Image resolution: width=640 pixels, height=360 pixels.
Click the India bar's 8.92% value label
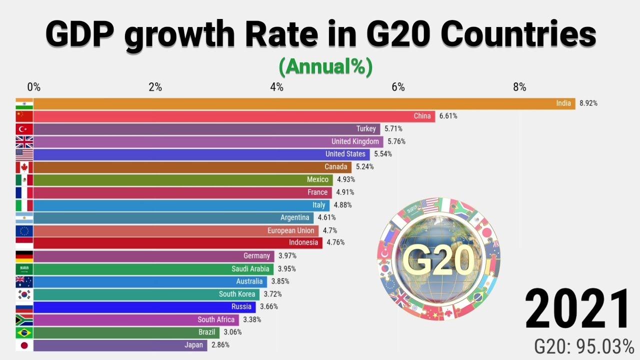(588, 103)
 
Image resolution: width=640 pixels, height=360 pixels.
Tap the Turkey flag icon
(24, 129)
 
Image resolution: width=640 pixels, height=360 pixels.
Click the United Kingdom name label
(355, 141)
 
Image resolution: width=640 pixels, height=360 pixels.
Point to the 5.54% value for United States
(383, 154)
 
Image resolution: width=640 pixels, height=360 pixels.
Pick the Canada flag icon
(24, 167)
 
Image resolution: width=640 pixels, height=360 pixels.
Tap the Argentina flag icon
(24, 218)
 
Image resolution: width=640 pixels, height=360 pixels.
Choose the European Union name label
(290, 230)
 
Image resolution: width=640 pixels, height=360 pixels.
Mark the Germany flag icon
(24, 256)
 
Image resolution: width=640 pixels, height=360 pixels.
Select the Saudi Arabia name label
(250, 269)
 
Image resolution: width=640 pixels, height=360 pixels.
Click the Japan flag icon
(24, 345)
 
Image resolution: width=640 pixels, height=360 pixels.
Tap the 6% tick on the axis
(398, 87)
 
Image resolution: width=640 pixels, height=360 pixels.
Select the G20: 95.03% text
(583, 346)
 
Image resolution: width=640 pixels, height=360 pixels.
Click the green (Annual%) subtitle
(325, 67)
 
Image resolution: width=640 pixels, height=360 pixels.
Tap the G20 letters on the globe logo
(437, 260)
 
